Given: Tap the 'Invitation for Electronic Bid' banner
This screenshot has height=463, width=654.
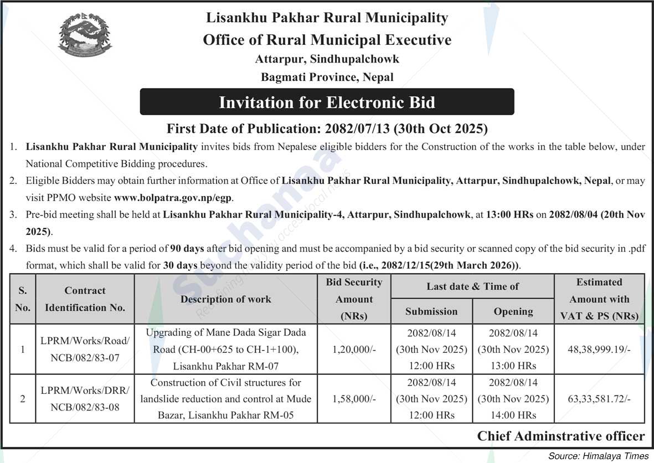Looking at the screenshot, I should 327,102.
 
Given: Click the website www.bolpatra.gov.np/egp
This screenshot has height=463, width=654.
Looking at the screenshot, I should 174,198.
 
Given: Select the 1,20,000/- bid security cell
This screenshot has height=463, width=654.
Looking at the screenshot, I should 354,349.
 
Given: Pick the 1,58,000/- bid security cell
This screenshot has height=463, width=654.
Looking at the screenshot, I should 354,399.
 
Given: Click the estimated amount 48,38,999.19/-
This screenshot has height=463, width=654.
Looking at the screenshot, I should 599,349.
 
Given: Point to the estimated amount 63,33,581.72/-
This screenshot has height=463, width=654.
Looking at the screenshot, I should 599,399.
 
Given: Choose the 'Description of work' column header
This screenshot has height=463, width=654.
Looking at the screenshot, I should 226,299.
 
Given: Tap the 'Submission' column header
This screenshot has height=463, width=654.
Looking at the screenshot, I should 431,311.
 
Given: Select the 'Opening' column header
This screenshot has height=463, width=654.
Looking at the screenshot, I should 513,311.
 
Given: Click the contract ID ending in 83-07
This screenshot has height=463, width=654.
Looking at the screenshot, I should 85,349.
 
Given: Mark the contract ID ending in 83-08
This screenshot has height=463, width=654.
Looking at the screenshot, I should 85,399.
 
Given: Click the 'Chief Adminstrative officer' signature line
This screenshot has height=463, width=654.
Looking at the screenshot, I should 561,436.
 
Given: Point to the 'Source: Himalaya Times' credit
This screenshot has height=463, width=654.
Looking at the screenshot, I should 598,456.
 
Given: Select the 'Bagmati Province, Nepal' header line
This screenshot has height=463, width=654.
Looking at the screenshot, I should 327,77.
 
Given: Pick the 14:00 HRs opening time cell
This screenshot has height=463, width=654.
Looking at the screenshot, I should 513,415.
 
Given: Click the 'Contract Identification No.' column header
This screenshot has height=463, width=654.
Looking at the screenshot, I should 85,299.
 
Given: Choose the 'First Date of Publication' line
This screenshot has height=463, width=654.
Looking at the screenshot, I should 327,130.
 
